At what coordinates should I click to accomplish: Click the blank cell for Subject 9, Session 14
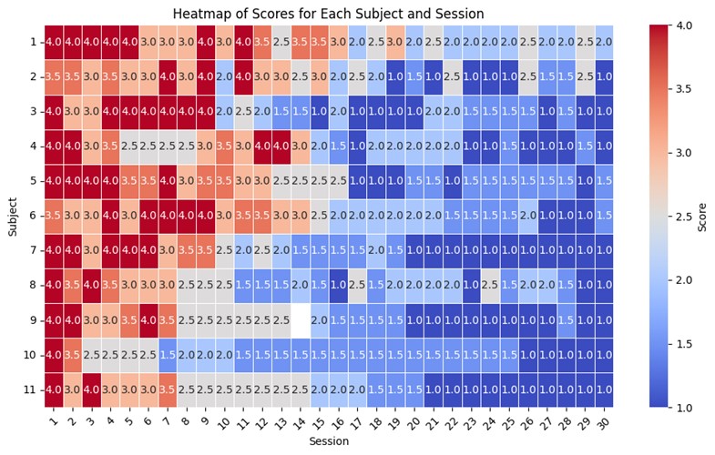[x=300, y=320]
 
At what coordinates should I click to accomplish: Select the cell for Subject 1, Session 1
[x=54, y=42]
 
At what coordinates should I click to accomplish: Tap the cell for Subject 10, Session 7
[x=168, y=355]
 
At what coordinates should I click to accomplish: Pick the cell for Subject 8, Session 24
[x=490, y=285]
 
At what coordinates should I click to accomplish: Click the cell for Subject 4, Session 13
[x=281, y=147]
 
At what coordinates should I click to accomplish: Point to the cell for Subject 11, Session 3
[x=92, y=389]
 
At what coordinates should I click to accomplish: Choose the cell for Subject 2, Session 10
[x=224, y=76]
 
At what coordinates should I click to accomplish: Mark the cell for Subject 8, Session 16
[x=338, y=285]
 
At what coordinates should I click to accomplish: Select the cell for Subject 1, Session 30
[x=604, y=42]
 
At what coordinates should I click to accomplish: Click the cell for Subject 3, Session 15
[x=319, y=112]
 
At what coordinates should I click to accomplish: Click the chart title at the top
[x=328, y=14]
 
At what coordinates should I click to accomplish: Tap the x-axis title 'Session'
[x=329, y=440]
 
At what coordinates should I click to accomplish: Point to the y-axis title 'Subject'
[x=13, y=217]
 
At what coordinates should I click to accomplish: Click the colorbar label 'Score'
[x=701, y=217]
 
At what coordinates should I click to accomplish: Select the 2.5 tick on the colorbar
[x=682, y=217]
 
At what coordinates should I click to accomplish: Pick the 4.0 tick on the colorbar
[x=682, y=25]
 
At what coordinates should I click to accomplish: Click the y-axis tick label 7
[x=34, y=250]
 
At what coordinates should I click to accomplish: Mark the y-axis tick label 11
[x=30, y=389]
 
